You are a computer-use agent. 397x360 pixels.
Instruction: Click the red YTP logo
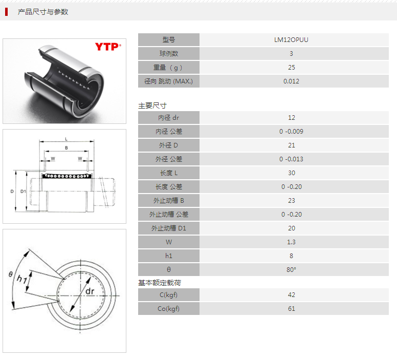(108, 47)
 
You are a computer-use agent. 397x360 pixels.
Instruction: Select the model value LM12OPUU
(291, 40)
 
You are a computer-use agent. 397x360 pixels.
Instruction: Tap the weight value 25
(292, 68)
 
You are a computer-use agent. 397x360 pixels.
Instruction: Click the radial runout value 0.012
(291, 81)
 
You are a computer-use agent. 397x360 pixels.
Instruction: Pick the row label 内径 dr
(169, 118)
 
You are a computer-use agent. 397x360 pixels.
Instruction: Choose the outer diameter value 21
(292, 145)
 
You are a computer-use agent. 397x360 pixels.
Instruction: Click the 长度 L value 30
(292, 173)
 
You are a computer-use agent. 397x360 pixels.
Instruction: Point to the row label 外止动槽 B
(169, 201)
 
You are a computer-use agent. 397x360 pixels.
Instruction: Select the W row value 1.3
(291, 242)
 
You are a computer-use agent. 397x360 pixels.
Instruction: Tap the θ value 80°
(291, 270)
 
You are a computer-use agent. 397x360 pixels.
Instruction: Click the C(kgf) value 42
(292, 295)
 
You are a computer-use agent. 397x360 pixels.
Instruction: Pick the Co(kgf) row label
(169, 309)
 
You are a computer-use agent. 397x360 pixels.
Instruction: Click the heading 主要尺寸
(152, 105)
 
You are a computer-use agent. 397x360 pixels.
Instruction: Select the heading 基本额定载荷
(160, 283)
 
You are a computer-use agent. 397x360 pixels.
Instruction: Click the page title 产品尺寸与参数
(43, 12)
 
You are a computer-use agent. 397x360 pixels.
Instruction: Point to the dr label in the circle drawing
(90, 291)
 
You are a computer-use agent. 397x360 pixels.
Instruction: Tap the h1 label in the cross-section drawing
(21, 280)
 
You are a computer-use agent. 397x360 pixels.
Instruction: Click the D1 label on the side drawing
(23, 192)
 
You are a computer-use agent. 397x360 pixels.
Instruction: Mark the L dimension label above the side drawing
(67, 139)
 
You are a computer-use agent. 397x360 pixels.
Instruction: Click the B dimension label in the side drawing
(67, 148)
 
